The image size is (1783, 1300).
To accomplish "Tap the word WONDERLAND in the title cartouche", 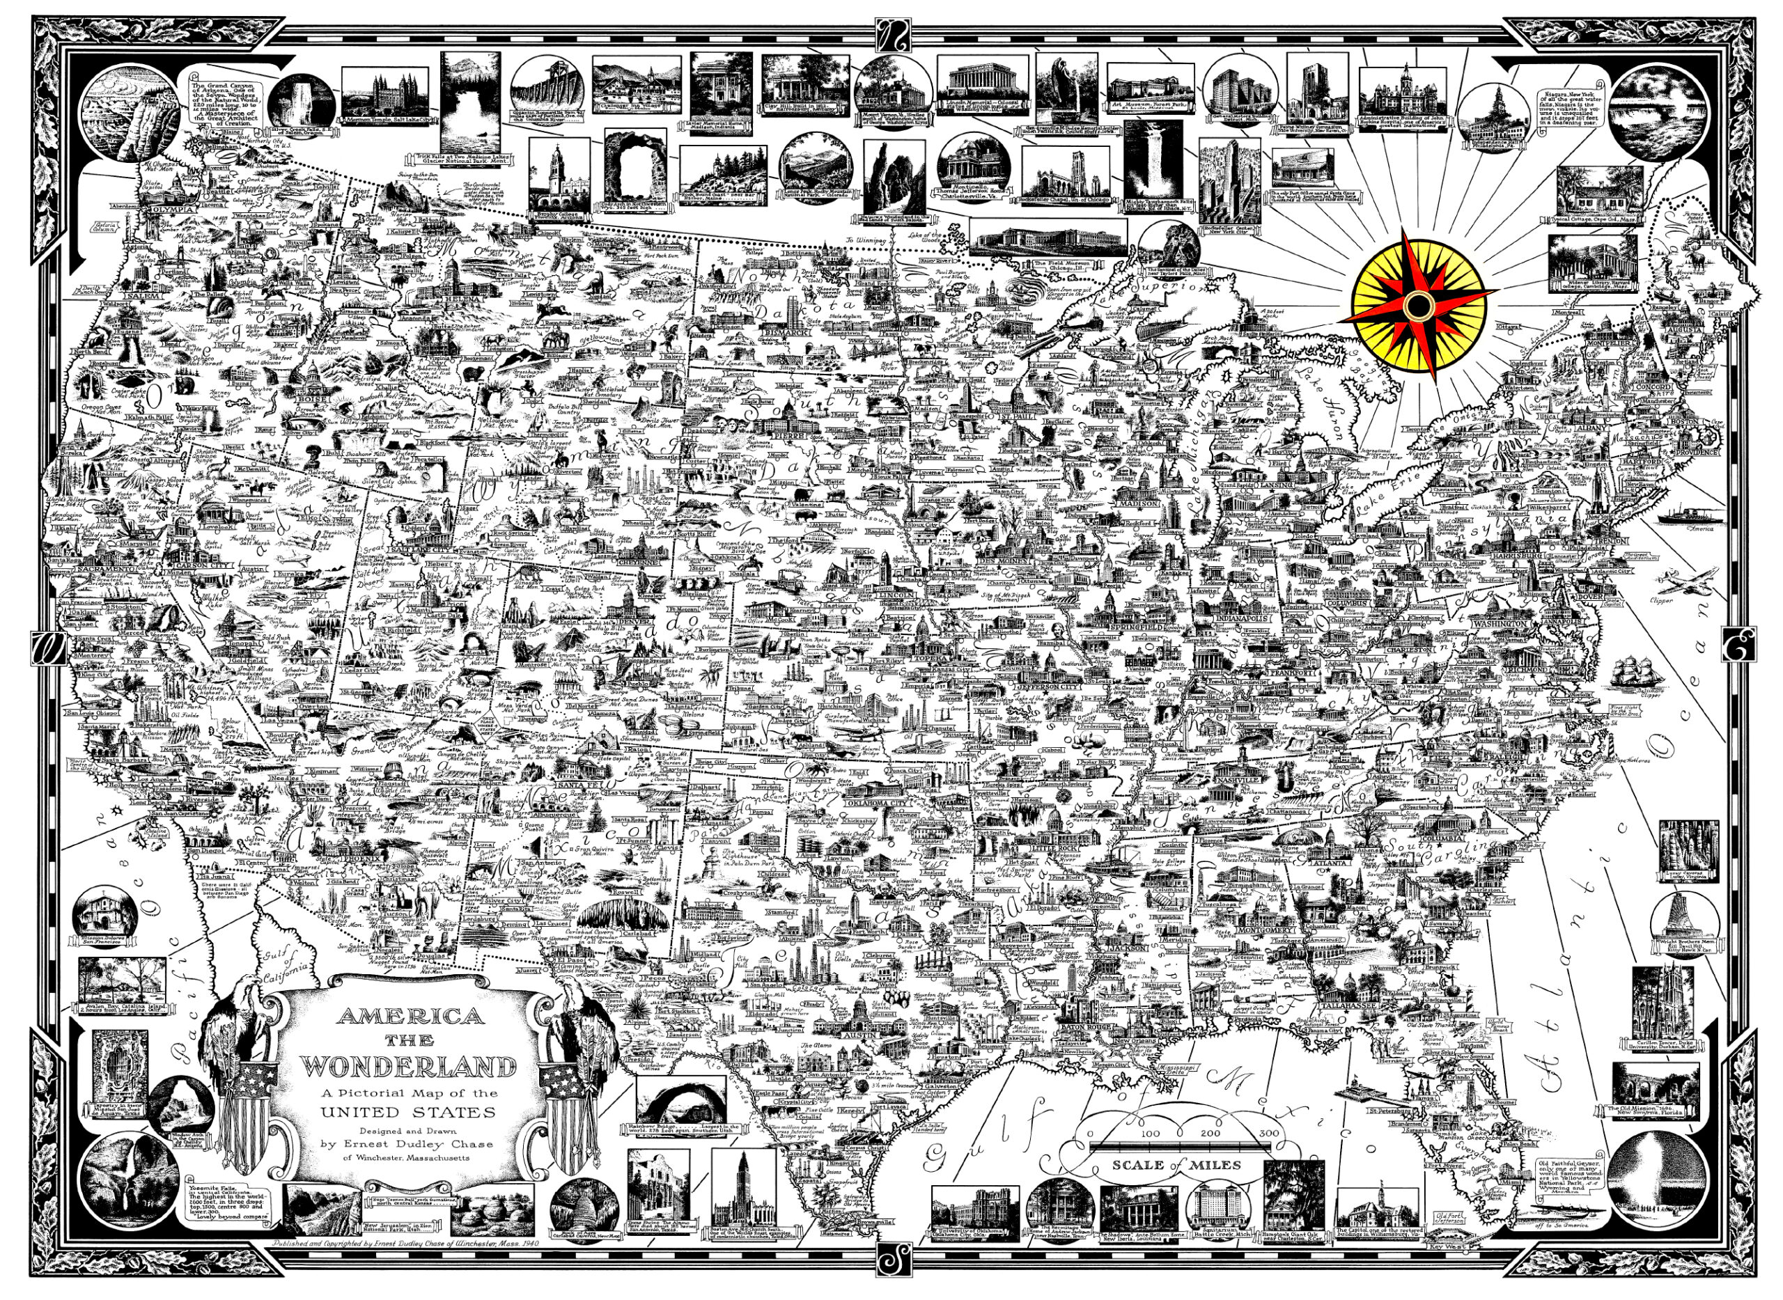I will [x=410, y=1066].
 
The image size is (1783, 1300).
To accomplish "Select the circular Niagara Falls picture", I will [x=1661, y=109].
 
